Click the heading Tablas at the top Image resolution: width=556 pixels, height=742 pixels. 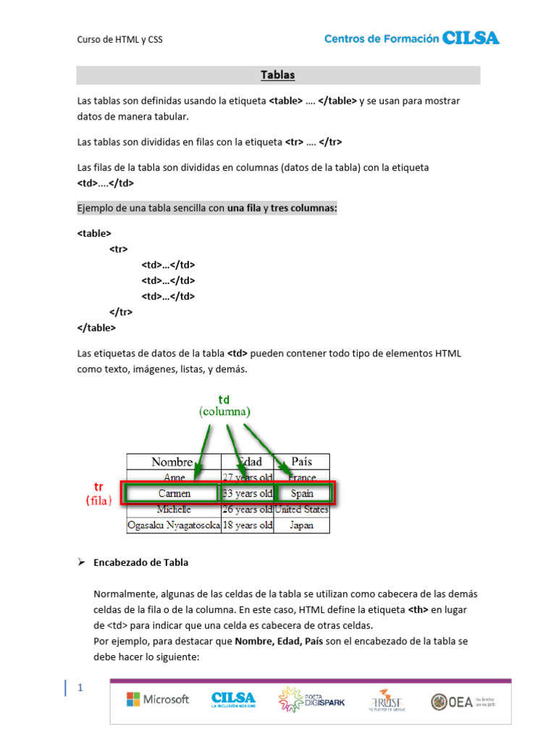[x=278, y=75]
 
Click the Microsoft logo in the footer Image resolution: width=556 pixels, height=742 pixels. [x=158, y=699]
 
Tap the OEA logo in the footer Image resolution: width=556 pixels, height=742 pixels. [x=463, y=701]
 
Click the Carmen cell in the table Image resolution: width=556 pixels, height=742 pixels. [x=174, y=493]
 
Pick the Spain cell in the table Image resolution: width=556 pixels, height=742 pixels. [x=302, y=493]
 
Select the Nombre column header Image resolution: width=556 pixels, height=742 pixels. [x=172, y=462]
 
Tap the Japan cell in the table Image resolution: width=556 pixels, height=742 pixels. [x=302, y=525]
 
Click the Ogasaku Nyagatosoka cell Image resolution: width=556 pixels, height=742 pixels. [x=174, y=525]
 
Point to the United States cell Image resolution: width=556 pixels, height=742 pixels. [x=302, y=509]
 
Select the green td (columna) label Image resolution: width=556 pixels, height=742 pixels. [x=224, y=406]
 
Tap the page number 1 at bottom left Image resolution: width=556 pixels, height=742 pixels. [x=80, y=688]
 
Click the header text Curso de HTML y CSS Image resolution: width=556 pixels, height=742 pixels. [x=119, y=40]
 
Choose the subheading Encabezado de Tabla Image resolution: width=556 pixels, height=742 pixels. [x=140, y=562]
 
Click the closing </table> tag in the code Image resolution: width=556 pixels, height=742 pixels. [x=96, y=328]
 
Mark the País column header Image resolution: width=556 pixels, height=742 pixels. [x=302, y=462]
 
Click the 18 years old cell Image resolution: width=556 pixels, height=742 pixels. [x=248, y=525]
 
